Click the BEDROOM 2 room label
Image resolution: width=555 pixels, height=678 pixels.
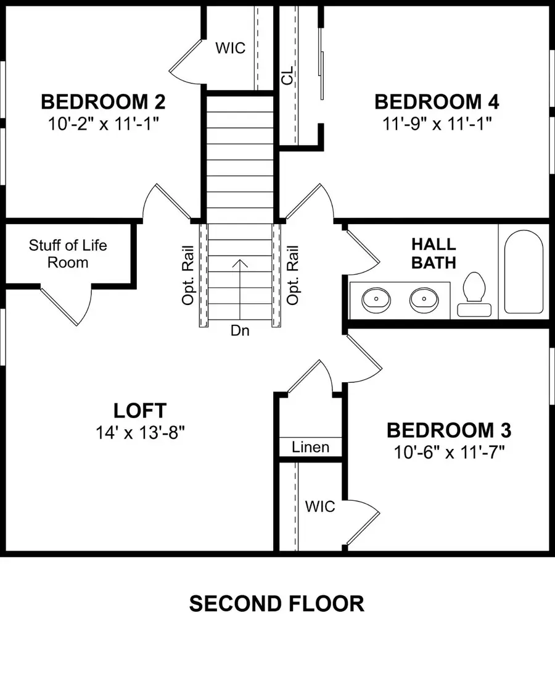(x=103, y=101)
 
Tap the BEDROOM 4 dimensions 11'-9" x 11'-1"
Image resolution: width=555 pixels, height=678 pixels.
(x=437, y=123)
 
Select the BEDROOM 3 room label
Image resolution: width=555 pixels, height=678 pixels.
(x=449, y=430)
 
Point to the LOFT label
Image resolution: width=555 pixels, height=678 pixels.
(x=139, y=409)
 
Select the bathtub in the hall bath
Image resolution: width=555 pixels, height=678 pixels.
(x=524, y=272)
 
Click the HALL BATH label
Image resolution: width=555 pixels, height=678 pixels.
(x=434, y=253)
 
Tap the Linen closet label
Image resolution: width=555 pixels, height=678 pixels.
(x=310, y=447)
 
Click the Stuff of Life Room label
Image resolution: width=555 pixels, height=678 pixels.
(x=68, y=254)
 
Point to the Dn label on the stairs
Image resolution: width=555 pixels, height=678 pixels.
(x=240, y=330)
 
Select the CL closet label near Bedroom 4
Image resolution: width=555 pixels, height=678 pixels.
(x=287, y=77)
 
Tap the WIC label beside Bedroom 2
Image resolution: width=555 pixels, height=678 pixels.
(x=229, y=48)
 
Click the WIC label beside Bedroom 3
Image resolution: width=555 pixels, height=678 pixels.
(x=320, y=506)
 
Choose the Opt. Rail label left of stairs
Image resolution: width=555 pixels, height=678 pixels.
(x=188, y=275)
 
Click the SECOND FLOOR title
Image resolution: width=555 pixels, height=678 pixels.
(x=276, y=603)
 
